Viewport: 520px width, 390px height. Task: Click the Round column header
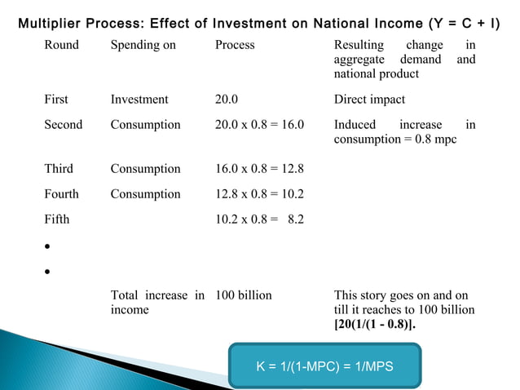(61, 45)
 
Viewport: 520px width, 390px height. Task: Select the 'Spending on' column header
(143, 45)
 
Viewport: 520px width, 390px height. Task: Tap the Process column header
(235, 45)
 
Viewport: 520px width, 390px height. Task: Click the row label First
(56, 100)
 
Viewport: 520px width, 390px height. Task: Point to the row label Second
(63, 125)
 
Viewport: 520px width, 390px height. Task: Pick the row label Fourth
(61, 194)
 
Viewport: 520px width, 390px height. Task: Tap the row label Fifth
(57, 219)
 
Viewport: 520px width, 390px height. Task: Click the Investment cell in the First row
(139, 100)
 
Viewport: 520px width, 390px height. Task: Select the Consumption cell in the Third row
(145, 169)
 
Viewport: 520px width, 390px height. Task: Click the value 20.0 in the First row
(227, 100)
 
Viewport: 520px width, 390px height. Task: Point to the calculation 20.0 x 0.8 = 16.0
(259, 125)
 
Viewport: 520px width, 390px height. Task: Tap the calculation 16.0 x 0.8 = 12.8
(259, 169)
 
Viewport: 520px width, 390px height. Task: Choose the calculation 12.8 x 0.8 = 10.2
(259, 194)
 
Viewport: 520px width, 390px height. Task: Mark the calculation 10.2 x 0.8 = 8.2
(259, 219)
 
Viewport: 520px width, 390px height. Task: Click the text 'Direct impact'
(369, 100)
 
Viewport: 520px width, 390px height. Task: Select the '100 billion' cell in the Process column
(243, 295)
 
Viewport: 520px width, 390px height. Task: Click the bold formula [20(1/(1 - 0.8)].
(381, 326)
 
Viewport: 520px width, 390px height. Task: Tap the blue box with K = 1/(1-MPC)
(325, 366)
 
